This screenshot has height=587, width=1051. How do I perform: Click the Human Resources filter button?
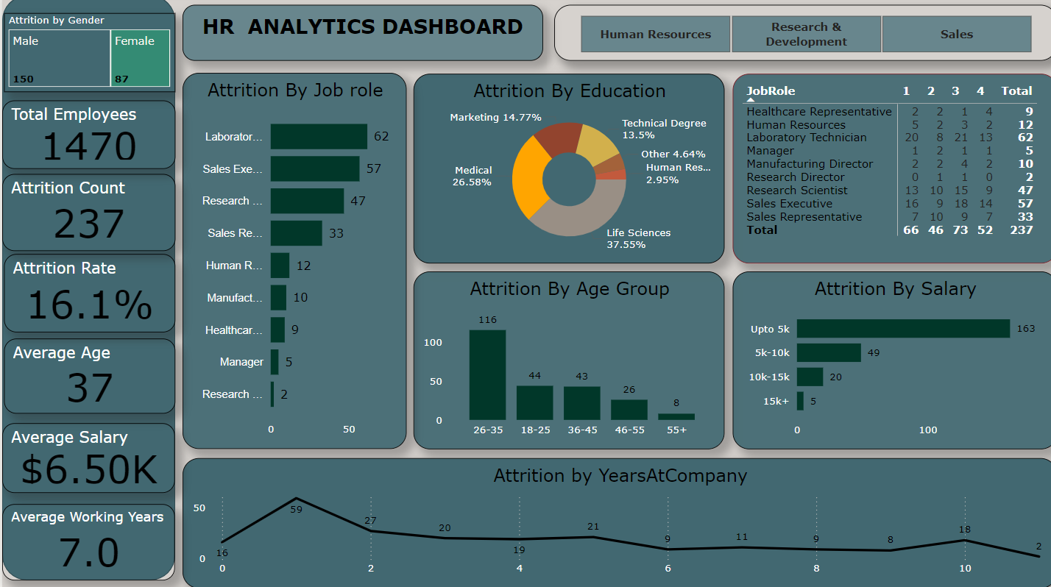coord(655,35)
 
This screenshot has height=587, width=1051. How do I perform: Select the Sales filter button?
coord(956,35)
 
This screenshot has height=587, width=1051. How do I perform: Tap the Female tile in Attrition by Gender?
coord(140,59)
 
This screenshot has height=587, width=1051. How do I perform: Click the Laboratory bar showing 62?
coord(319,137)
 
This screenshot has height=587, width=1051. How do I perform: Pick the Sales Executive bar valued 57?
coord(315,168)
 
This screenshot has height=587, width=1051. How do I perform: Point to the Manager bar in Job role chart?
coord(275,362)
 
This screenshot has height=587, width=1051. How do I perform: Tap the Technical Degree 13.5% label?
coord(663,129)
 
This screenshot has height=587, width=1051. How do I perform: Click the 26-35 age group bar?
coord(487,374)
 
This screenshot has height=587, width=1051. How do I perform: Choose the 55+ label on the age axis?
coord(676,430)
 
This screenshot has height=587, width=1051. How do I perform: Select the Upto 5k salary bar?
coord(902,329)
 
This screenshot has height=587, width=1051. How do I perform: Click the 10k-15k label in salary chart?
coord(770,377)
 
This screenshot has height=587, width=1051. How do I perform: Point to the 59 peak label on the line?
coord(297,508)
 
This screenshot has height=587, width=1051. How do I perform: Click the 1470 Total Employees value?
coord(89,146)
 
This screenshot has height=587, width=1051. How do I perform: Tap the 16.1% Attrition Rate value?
coord(90,305)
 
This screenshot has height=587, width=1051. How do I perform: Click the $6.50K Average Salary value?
coord(89,470)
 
